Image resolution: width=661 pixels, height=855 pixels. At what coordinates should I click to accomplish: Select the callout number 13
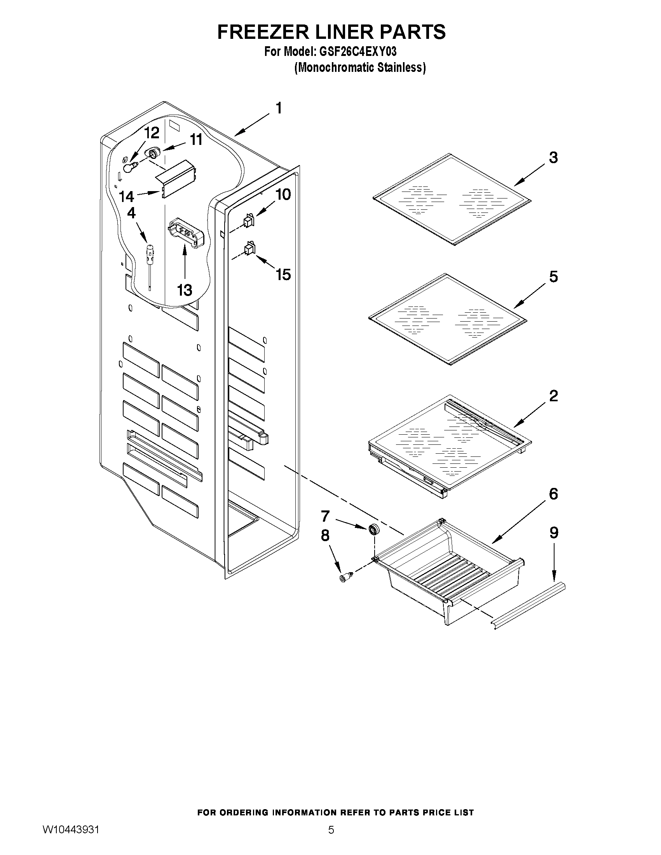(x=185, y=291)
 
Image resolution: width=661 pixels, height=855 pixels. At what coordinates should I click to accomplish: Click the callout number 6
(x=553, y=494)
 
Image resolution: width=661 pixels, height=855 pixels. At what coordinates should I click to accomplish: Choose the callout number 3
(x=553, y=158)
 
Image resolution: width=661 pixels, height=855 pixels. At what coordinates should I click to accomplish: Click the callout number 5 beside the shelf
(x=553, y=277)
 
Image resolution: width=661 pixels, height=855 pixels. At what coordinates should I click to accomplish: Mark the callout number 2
(x=553, y=396)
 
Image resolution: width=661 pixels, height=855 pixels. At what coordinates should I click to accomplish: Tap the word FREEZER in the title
(x=264, y=32)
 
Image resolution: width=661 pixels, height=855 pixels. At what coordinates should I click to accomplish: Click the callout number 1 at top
(x=279, y=108)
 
